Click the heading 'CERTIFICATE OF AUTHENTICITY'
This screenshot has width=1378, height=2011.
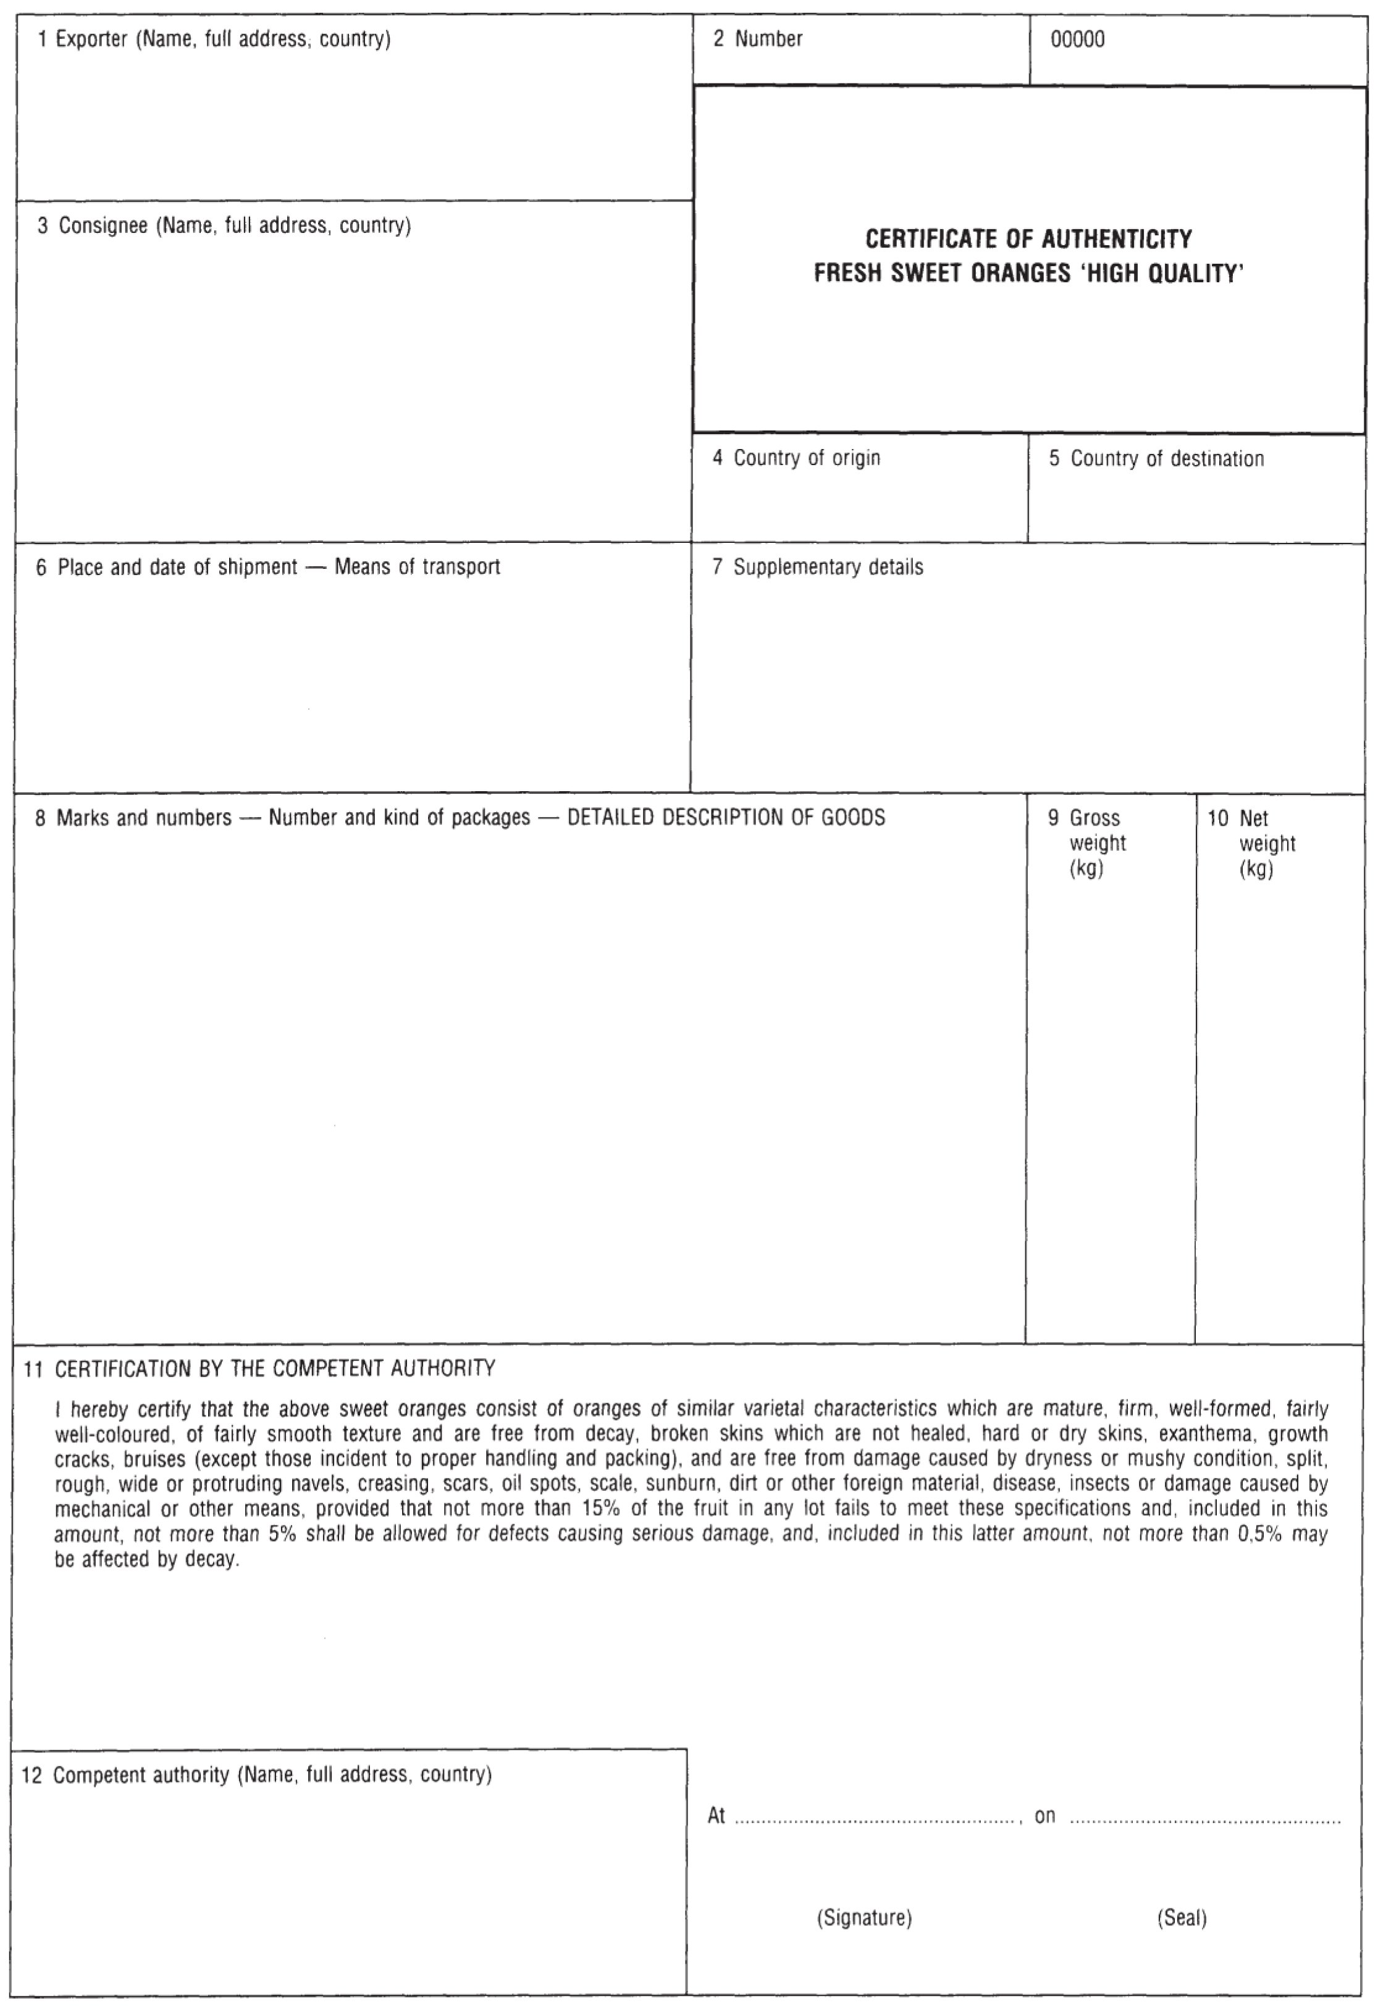click(1028, 239)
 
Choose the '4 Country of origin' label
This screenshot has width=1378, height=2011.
click(796, 459)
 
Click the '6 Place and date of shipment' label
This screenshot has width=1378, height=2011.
click(177, 568)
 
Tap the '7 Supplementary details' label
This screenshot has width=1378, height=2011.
click(818, 568)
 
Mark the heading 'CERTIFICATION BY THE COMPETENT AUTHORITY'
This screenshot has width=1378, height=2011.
click(275, 1369)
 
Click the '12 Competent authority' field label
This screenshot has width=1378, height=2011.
click(256, 1776)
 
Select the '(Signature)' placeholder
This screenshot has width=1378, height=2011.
click(864, 1918)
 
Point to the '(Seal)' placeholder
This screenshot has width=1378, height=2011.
click(1182, 1918)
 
